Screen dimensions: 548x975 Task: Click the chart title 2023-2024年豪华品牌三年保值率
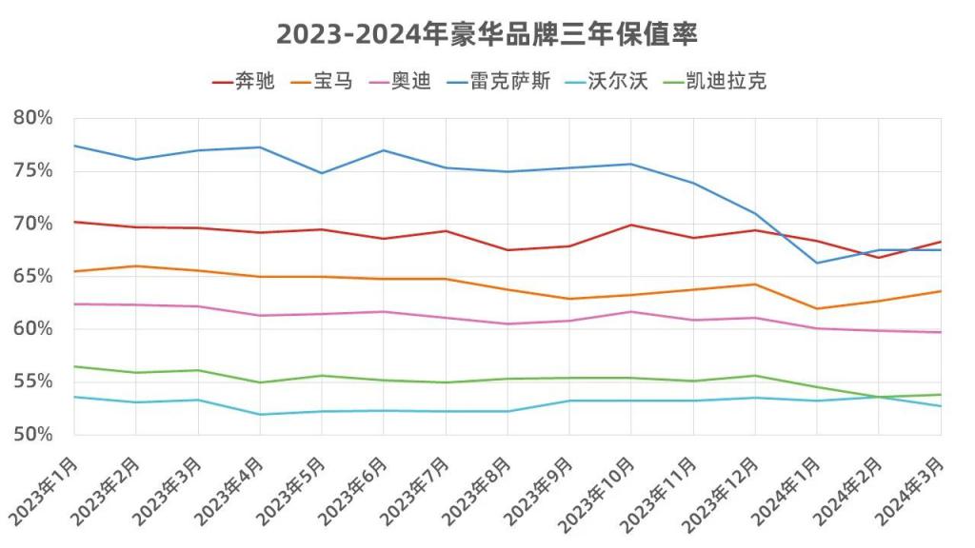(x=487, y=34)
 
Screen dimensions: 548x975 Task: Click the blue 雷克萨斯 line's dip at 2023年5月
(x=322, y=173)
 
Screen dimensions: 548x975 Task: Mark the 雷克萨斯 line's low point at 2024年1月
(x=817, y=263)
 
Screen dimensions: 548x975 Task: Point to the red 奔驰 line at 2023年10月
(x=631, y=225)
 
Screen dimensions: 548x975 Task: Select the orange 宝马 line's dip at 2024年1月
(x=817, y=308)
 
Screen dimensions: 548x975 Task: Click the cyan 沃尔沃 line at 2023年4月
(x=260, y=414)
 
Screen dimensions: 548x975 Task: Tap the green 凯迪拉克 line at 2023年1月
(x=74, y=366)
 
